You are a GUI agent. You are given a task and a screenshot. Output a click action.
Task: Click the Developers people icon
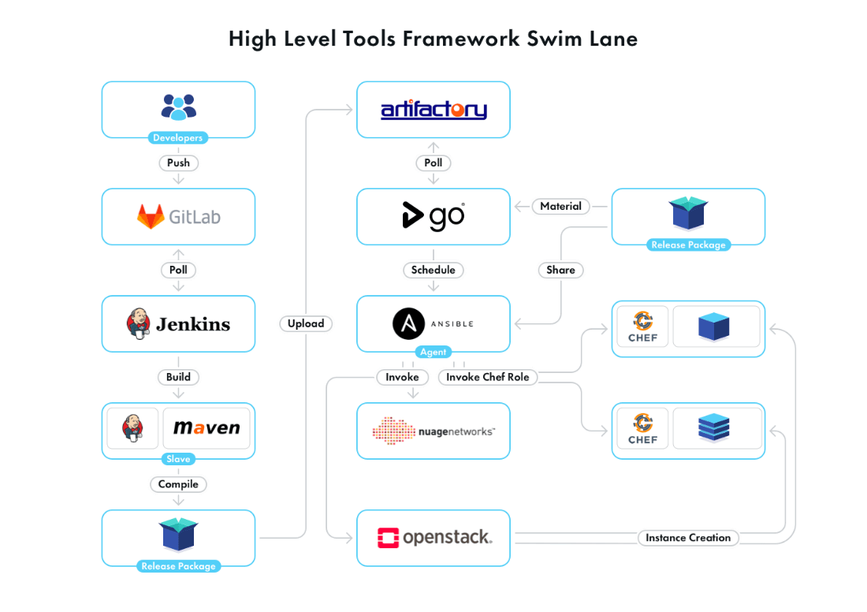178,106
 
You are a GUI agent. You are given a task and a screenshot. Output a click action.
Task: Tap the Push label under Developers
178,163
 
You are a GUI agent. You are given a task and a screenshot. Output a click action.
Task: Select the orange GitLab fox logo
151,217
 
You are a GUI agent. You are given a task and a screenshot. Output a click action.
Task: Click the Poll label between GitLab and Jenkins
178,270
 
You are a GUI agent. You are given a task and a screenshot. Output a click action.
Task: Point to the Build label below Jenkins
178,377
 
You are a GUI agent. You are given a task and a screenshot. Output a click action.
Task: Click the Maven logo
207,428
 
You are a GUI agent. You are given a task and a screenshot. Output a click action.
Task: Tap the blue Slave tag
178,459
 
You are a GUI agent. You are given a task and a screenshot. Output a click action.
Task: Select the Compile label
178,484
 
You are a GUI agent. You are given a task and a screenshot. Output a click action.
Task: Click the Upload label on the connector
306,323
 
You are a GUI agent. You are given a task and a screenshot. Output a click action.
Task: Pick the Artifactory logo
433,110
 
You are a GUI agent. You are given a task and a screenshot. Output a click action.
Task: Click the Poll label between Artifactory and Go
433,163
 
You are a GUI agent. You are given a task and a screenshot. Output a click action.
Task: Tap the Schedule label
433,270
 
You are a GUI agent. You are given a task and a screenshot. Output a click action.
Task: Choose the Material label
560,207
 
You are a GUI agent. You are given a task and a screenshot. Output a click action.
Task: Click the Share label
560,270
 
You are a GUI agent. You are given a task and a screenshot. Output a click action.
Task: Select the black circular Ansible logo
408,323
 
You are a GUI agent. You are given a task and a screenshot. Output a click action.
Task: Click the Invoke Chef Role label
487,377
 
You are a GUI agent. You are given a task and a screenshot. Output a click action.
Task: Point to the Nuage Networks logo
433,431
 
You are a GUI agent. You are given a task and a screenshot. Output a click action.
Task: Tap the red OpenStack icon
388,538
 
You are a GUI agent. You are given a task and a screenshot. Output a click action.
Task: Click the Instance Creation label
688,538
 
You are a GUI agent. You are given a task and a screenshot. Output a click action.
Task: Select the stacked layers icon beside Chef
713,428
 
